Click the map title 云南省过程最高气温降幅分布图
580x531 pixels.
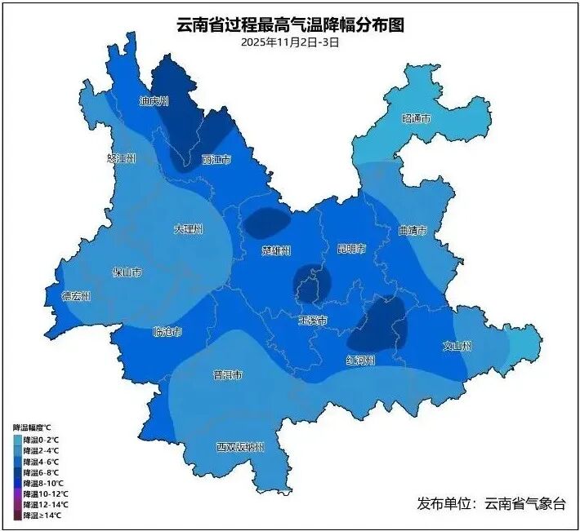290,25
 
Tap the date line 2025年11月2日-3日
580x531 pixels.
290,42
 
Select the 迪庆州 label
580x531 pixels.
153,101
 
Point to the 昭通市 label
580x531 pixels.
416,119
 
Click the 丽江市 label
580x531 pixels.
216,159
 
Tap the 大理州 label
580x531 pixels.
188,229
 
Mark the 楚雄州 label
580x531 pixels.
276,250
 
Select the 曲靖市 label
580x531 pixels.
413,231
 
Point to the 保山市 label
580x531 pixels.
127,272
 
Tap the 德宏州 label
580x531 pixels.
76,295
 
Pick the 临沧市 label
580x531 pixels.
167,332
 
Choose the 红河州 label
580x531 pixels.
359,360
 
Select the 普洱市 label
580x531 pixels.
227,375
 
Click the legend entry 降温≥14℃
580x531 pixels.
46,516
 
